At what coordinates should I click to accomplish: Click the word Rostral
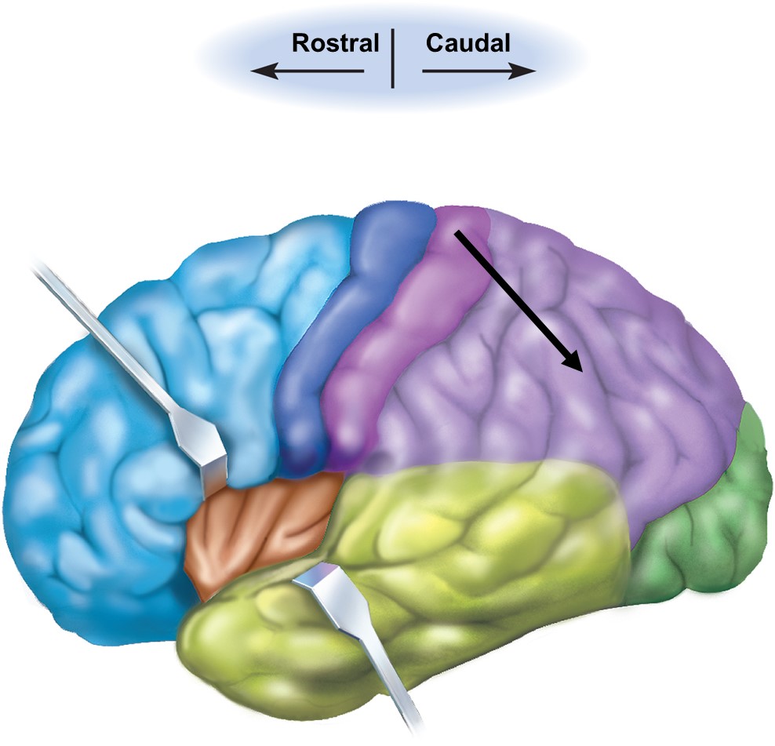click(x=335, y=42)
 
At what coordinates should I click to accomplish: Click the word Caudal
click(x=468, y=42)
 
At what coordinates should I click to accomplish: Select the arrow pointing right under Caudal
click(x=478, y=71)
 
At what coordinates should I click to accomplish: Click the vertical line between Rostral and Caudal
click(x=392, y=59)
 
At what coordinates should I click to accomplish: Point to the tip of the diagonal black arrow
click(x=580, y=369)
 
